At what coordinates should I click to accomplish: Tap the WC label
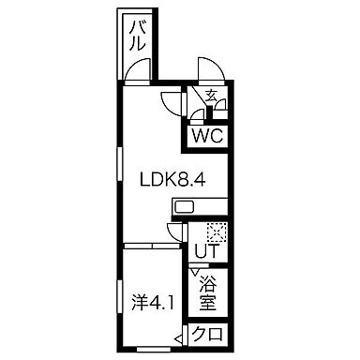(206, 136)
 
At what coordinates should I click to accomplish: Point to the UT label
(206, 252)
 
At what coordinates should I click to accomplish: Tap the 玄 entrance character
(211, 96)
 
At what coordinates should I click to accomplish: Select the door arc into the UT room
(173, 235)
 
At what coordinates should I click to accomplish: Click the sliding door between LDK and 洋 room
(155, 246)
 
